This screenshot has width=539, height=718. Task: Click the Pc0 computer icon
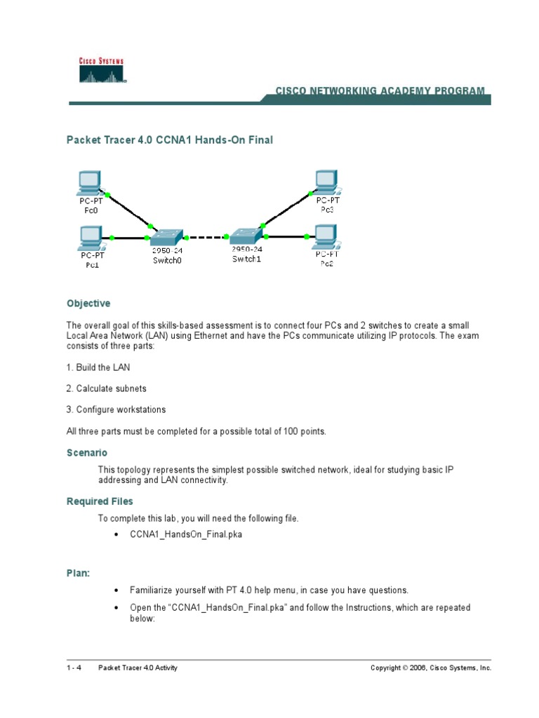90,183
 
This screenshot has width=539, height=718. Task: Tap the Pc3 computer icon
326,182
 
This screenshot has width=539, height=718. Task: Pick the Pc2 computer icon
326,237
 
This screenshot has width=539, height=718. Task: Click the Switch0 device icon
167,238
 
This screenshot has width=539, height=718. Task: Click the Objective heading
88,304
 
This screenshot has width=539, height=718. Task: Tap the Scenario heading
87,453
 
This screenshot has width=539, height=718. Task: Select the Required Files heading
100,501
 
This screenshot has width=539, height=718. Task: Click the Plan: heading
79,574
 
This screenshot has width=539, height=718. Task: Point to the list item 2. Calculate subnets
107,388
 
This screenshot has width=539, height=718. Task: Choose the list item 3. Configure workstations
117,409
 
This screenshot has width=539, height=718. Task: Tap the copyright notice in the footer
431,668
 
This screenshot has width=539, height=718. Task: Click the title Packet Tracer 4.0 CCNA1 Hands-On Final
169,140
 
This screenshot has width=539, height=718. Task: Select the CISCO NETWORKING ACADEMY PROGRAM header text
380,91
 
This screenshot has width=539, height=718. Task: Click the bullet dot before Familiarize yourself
116,590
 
